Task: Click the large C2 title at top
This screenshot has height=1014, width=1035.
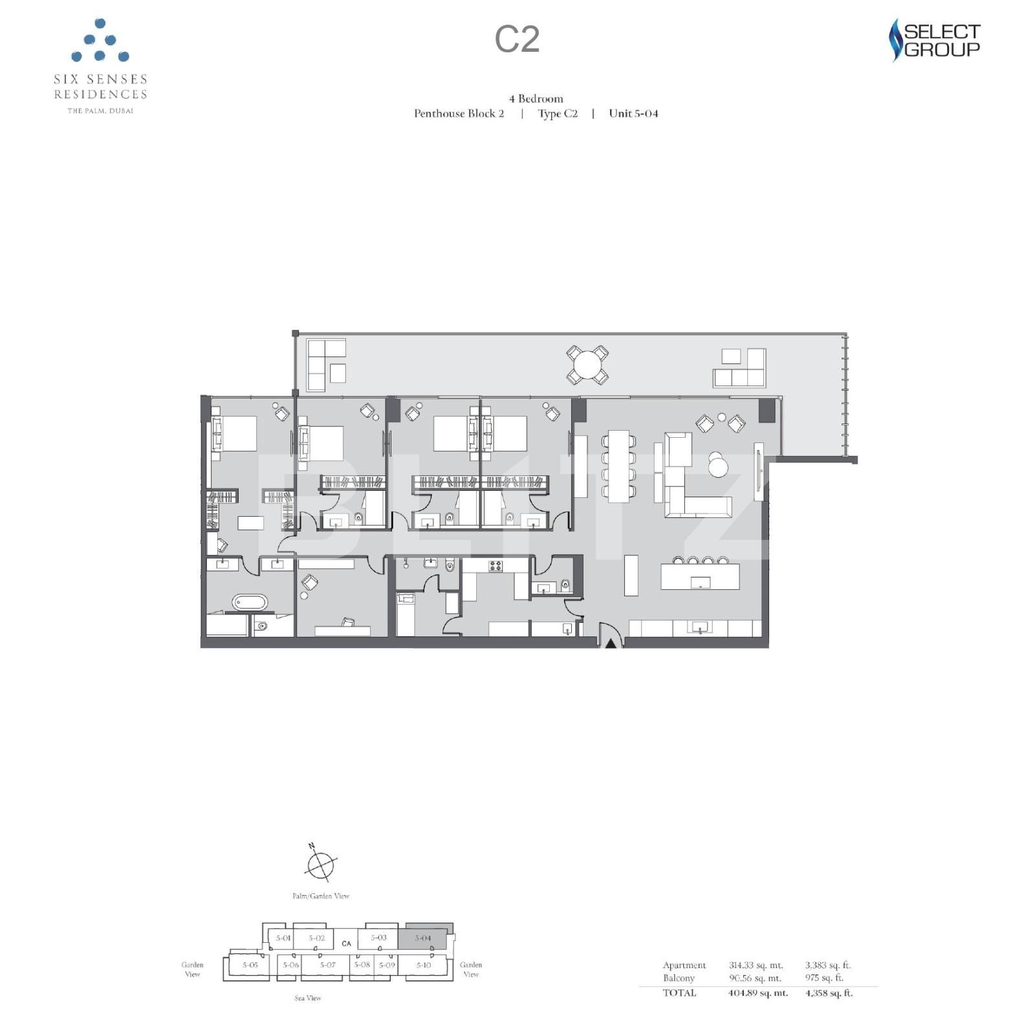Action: (517, 39)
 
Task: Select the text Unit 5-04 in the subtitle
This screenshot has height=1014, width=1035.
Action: (633, 113)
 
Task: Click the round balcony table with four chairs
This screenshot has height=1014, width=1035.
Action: (587, 365)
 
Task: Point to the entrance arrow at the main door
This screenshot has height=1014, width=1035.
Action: (610, 642)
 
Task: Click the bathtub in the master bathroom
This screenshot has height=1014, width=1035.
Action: (250, 603)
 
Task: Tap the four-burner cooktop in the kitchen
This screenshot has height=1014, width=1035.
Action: (495, 566)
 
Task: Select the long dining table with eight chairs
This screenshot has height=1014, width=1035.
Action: (619, 466)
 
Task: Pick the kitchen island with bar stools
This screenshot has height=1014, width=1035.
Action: (700, 576)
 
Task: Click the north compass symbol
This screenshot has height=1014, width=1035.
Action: (320, 864)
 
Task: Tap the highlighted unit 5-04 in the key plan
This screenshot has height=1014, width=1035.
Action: (424, 938)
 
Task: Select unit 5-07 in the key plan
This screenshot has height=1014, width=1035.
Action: (328, 965)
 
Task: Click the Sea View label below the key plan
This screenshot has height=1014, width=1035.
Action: (308, 998)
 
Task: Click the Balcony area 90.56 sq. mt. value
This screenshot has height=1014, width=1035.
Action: (755, 978)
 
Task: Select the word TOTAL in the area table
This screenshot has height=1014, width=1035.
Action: (679, 993)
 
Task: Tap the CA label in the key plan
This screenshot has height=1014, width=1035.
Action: (347, 944)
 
